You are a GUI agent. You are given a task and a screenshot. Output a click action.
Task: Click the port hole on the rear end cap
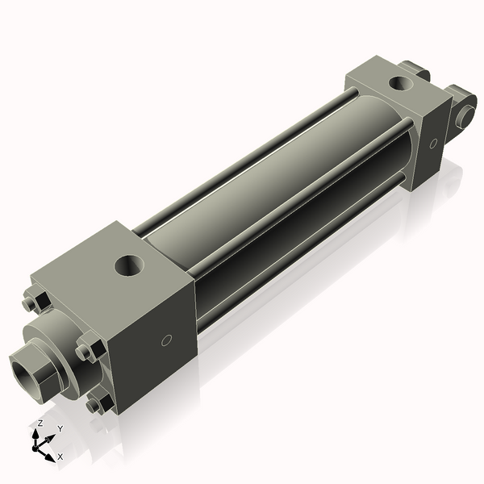(x=399, y=82)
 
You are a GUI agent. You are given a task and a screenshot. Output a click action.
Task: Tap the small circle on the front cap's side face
(x=166, y=340)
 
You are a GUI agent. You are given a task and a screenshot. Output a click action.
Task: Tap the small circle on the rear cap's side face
(x=432, y=144)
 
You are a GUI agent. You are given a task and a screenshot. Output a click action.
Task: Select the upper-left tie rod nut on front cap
(x=37, y=301)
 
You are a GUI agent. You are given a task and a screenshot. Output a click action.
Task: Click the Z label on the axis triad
(x=40, y=423)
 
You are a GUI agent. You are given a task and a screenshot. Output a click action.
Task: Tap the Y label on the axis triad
(x=60, y=428)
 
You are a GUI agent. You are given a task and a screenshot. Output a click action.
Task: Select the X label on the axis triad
(x=60, y=457)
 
